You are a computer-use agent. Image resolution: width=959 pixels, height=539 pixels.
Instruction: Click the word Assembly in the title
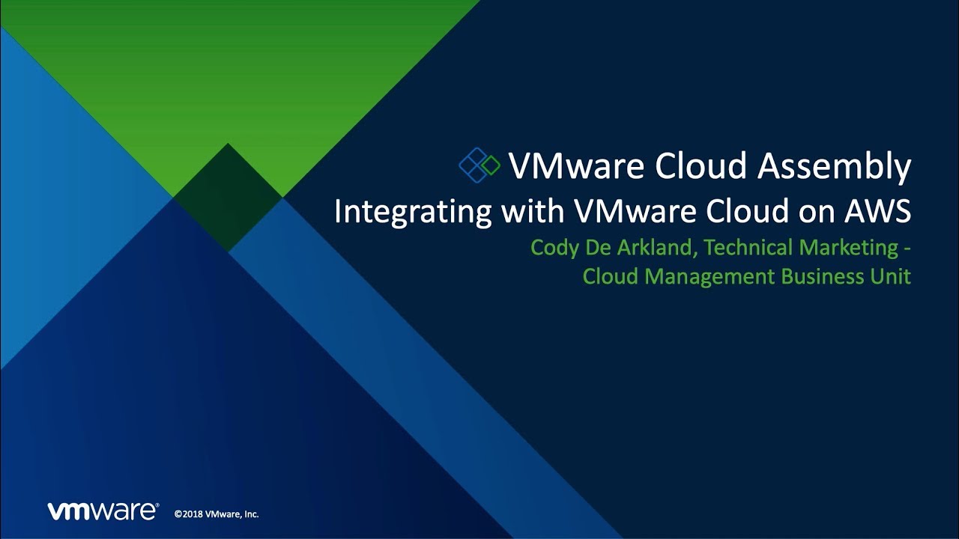click(834, 166)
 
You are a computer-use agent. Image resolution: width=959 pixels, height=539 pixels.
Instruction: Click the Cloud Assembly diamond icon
click(479, 165)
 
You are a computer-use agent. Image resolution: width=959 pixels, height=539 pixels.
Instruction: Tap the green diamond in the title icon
click(490, 165)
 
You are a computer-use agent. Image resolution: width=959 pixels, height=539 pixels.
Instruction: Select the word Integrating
click(413, 211)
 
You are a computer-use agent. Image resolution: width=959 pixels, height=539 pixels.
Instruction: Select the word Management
click(710, 277)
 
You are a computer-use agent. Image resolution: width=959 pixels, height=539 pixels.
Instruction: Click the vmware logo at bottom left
click(103, 511)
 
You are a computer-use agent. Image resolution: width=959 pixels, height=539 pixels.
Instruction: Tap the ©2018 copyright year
click(188, 514)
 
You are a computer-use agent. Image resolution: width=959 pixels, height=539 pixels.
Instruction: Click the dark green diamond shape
click(228, 197)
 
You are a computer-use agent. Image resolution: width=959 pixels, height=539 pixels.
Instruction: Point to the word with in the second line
click(533, 211)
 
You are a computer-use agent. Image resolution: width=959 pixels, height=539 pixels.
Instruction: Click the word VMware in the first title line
click(577, 166)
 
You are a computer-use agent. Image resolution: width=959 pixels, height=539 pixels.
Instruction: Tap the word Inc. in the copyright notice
click(252, 514)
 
